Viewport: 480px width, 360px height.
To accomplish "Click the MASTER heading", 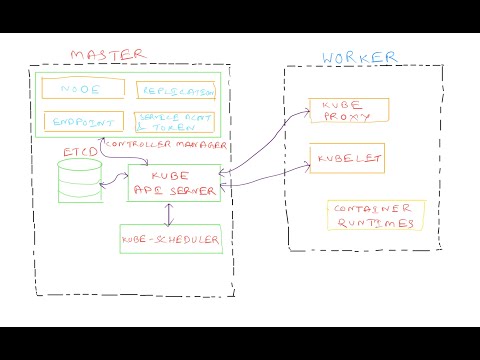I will (107, 53).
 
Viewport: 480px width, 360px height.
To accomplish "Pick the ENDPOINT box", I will (82, 122).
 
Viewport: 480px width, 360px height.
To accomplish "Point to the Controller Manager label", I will (166, 146).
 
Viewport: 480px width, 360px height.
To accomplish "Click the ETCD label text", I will (78, 151).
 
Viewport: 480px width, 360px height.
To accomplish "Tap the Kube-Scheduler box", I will (170, 240).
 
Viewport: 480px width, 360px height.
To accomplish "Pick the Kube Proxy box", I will (346, 111).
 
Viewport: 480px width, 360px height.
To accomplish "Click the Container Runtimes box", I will (375, 215).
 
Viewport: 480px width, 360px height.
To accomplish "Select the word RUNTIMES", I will (376, 224).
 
